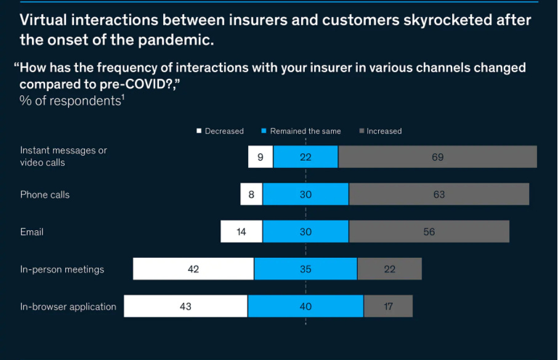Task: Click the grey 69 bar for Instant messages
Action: tap(437, 157)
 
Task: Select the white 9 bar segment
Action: tap(261, 157)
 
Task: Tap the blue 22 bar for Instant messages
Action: tap(305, 157)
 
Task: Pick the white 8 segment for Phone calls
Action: tap(251, 194)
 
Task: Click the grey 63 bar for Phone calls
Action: tap(439, 194)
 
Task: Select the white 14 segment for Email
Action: tap(241, 232)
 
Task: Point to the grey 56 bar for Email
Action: tap(429, 232)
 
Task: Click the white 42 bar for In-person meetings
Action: tap(193, 269)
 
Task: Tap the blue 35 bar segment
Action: tap(305, 269)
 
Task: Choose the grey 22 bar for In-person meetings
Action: tap(389, 269)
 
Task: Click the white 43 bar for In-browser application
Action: tap(185, 306)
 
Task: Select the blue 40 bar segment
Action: tap(305, 306)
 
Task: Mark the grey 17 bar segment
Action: tap(388, 306)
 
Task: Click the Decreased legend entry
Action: tap(220, 131)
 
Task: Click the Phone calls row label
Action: tap(45, 194)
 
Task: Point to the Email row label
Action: tap(31, 232)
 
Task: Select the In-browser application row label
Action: tap(68, 306)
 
